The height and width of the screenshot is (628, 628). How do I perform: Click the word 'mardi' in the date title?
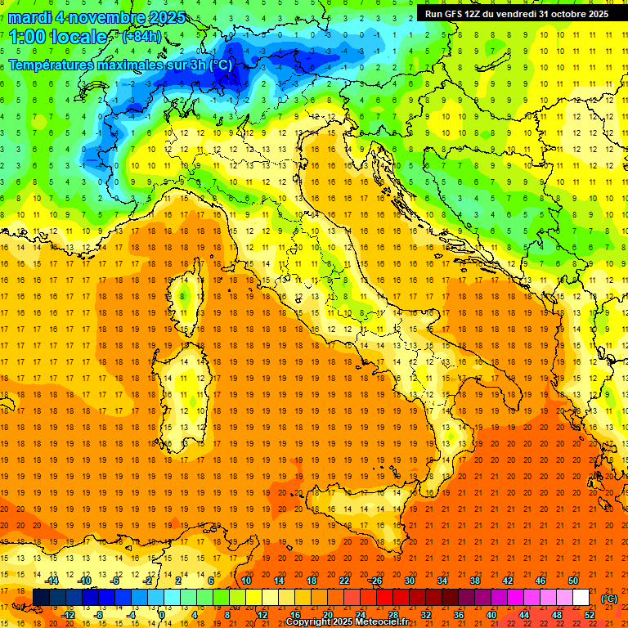tap(28, 17)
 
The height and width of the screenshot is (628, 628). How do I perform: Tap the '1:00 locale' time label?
tap(58, 37)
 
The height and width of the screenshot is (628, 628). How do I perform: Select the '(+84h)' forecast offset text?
tap(141, 37)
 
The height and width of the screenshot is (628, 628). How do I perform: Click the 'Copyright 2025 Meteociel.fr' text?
tap(347, 622)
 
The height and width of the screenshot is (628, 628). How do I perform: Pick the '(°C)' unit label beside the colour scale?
tap(609, 598)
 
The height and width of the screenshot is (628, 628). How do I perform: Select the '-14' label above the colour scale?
tap(52, 581)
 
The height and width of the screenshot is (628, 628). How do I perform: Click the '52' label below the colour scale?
tap(590, 615)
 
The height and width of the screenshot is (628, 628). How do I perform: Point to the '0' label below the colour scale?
tap(162, 615)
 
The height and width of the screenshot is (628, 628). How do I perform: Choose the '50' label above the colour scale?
tap(573, 581)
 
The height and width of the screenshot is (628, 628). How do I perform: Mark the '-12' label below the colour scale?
tap(68, 615)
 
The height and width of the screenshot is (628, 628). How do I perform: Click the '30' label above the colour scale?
tap(409, 581)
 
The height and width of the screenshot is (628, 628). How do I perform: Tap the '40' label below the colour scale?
tap(491, 615)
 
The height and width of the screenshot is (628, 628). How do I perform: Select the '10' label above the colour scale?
tap(245, 581)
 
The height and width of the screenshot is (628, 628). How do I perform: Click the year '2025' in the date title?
tap(164, 17)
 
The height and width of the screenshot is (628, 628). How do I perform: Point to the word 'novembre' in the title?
tap(103, 17)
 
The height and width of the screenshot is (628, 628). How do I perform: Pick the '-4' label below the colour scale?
tap(131, 615)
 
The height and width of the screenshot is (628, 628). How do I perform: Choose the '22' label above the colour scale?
tap(343, 581)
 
